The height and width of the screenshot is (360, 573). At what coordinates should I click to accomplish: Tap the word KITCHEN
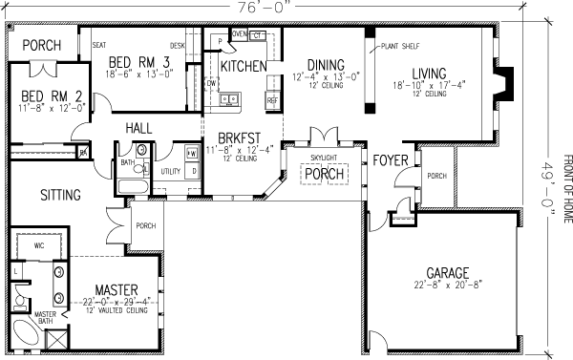244,67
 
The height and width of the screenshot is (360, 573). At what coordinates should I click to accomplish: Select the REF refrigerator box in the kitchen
272,99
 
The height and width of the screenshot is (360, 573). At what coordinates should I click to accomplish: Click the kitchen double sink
229,98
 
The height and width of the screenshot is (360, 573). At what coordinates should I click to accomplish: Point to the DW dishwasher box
211,83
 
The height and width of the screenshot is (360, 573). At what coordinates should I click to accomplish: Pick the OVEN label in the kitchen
240,35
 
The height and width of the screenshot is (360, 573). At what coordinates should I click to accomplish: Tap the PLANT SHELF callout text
400,45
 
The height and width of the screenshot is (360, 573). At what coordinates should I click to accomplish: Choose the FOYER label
392,159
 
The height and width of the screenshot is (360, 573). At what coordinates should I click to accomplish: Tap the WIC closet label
40,245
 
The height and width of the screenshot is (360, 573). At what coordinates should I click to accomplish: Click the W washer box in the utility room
192,153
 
